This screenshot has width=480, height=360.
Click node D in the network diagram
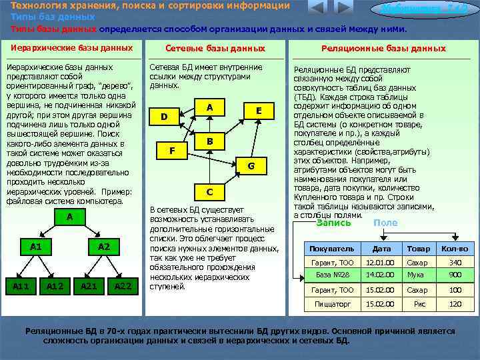[x=164, y=117]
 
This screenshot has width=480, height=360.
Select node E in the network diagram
[x=259, y=111]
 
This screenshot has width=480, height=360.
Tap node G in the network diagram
[x=251, y=165]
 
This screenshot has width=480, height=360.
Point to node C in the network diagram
[x=209, y=192]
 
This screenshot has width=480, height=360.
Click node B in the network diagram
[x=209, y=141]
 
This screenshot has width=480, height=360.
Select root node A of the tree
[x=69, y=217]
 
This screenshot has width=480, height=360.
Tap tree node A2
[x=103, y=247]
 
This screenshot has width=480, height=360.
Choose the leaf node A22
[x=122, y=286]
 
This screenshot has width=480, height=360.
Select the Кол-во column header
[x=455, y=248]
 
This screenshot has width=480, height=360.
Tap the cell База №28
[x=333, y=275]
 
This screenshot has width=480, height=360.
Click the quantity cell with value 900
[x=455, y=275]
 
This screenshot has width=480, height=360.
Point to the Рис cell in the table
[x=419, y=304]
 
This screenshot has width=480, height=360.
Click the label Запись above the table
[x=333, y=223]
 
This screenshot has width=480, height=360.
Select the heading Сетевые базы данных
[x=215, y=49]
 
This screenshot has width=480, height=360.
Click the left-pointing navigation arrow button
[x=317, y=8]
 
